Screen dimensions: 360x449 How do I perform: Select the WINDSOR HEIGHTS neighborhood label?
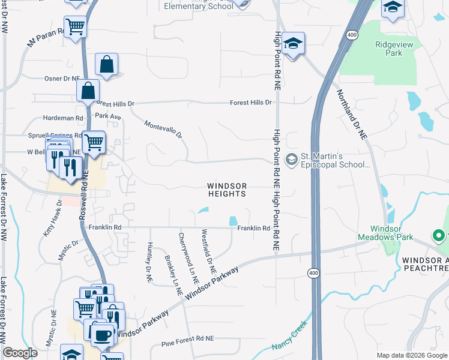point(227,190)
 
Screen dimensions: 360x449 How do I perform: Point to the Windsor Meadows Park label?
point(387,233)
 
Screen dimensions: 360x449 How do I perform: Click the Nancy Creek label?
point(290,337)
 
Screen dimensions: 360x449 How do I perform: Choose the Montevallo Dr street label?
point(163,129)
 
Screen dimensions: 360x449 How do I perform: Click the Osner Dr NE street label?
point(62,79)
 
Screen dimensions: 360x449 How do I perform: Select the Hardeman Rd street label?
point(62,118)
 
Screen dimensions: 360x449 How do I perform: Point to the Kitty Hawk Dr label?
point(52,219)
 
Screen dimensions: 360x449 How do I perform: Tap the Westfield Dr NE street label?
point(208,252)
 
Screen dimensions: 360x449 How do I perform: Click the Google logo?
point(20,353)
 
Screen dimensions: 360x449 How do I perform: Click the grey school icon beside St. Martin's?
point(292,159)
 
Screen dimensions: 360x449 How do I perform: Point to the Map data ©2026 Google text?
point(411,355)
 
